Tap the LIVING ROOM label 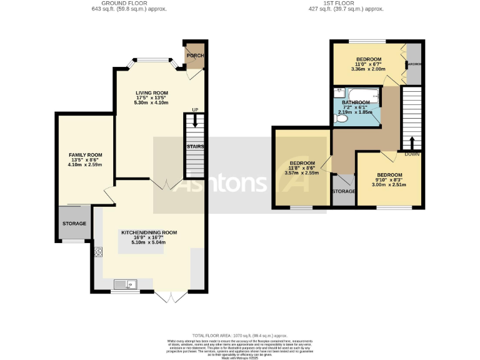pos(152,93)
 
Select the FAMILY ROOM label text pos(86,155)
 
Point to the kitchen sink pos(126,285)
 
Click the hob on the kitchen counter pos(98,252)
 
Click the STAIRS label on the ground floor pos(195,146)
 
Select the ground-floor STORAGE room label pos(74,223)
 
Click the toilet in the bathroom pos(341,117)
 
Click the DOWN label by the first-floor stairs pos(411,153)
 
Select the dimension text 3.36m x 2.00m pos(368,69)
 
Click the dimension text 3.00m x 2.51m pos(389,184)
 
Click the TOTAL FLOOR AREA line pos(239,336)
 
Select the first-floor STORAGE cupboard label pos(343,191)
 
